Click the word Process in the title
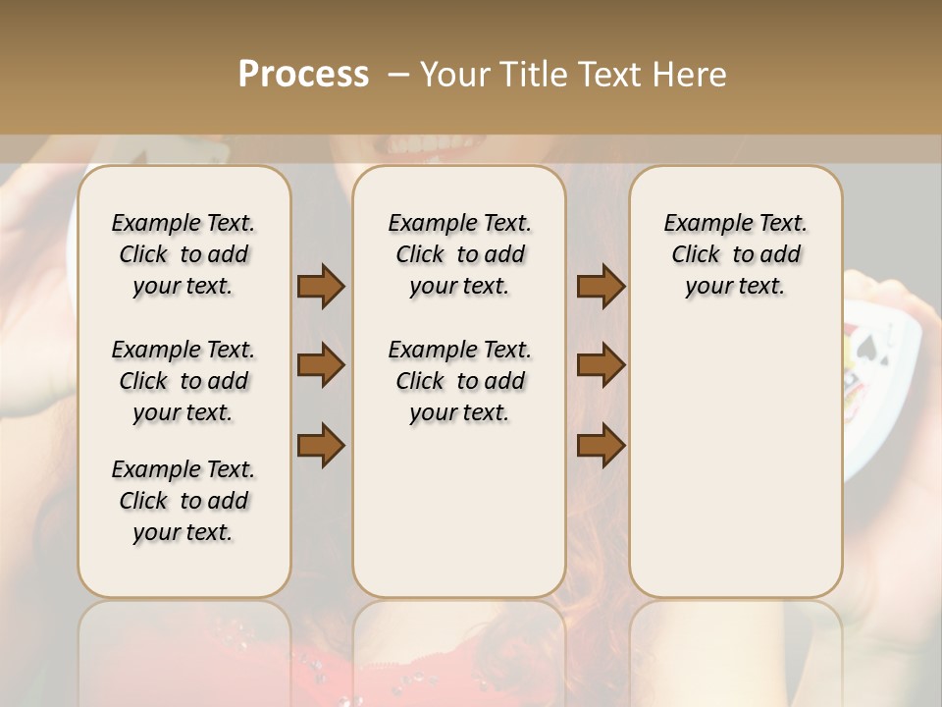coord(303,75)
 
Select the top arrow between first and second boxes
coord(321,287)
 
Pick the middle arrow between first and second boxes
coord(321,366)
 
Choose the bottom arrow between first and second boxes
coord(321,445)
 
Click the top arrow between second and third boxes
coord(601,287)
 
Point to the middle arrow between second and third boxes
coord(601,366)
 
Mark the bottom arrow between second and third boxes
coord(601,445)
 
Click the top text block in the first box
coord(183,254)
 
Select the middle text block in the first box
coord(183,381)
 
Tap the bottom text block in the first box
coord(183,501)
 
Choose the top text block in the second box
coord(459,254)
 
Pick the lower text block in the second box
coord(459,381)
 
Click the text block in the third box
coord(735,254)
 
